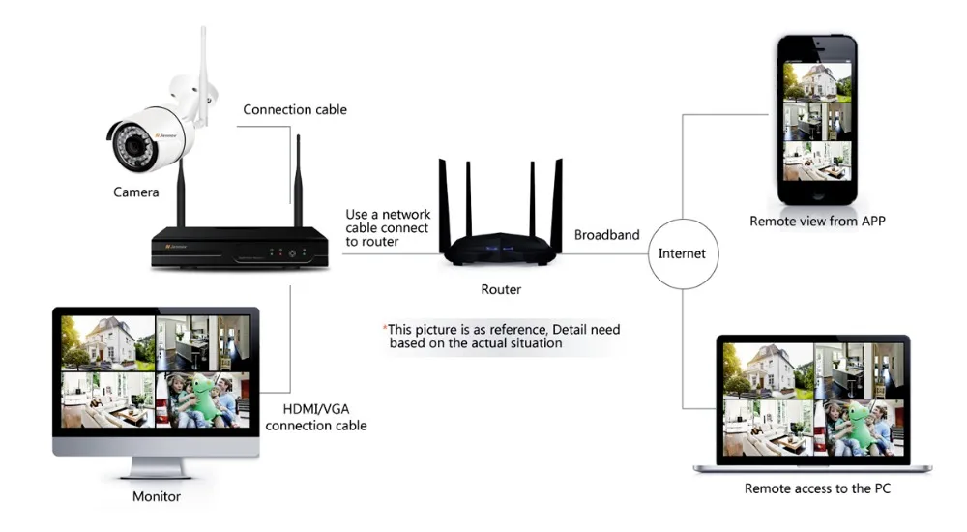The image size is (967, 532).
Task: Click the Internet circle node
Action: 682,253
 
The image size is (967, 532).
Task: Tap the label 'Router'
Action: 501,289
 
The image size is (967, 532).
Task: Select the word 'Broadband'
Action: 607,235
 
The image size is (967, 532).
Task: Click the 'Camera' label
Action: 136,192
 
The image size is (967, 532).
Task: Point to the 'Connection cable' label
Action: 295,109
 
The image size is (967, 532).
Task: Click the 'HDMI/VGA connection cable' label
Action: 316,417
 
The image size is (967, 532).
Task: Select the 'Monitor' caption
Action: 157,497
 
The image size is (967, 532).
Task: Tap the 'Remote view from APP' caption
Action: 817,221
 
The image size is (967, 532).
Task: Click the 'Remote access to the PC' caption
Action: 817,488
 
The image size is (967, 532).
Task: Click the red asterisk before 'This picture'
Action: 385,329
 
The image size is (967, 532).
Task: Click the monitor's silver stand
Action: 157,466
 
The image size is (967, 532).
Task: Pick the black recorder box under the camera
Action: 243,249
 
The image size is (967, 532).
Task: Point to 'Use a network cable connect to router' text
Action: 387,228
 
